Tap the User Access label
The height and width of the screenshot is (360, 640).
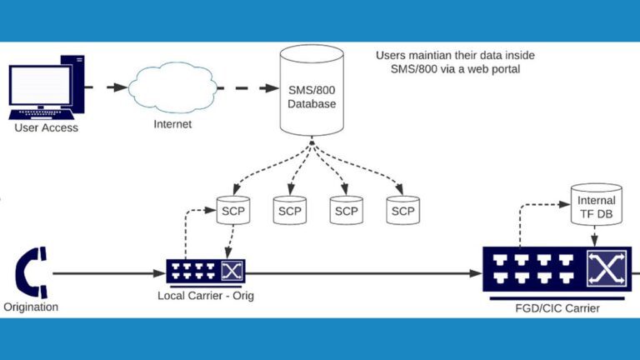[46, 127]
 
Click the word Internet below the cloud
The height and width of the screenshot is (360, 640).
[172, 124]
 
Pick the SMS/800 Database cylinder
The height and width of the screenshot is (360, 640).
[312, 92]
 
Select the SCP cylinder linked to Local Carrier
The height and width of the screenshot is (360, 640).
[232, 211]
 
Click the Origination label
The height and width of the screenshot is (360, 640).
[31, 307]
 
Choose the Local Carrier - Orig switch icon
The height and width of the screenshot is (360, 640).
[205, 271]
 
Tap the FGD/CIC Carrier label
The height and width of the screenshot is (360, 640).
[559, 308]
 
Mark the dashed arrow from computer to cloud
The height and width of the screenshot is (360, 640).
[107, 87]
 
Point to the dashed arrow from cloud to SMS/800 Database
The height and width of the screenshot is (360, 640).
[242, 87]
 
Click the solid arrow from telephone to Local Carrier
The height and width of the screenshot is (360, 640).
[108, 272]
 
